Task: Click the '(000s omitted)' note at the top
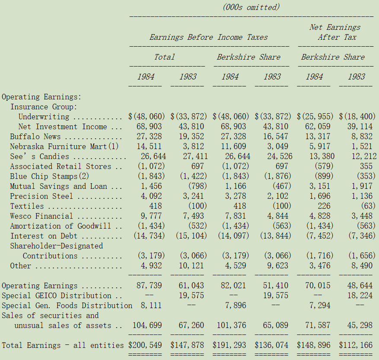tap(251, 7)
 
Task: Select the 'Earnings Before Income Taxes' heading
tap(209, 37)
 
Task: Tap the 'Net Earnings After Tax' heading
tap(335, 32)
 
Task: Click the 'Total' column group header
tap(164, 57)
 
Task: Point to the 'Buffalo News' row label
tap(35, 137)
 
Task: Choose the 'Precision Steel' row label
tap(41, 196)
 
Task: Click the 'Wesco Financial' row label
tap(41, 216)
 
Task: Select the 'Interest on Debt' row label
tap(44, 236)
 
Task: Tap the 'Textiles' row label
tap(27, 206)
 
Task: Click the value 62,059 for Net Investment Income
tap(318, 127)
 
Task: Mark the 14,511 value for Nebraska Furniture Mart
tap(149, 146)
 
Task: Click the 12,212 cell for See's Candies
tap(364, 156)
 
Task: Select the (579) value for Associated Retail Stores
tap(324, 166)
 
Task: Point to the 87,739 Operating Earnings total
tap(149, 285)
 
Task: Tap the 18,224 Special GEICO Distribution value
tap(360, 295)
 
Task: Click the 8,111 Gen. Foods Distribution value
tap(151, 305)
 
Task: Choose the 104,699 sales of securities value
tap(147, 325)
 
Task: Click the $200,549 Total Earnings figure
tap(145, 345)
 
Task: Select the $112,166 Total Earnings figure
tap(356, 345)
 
